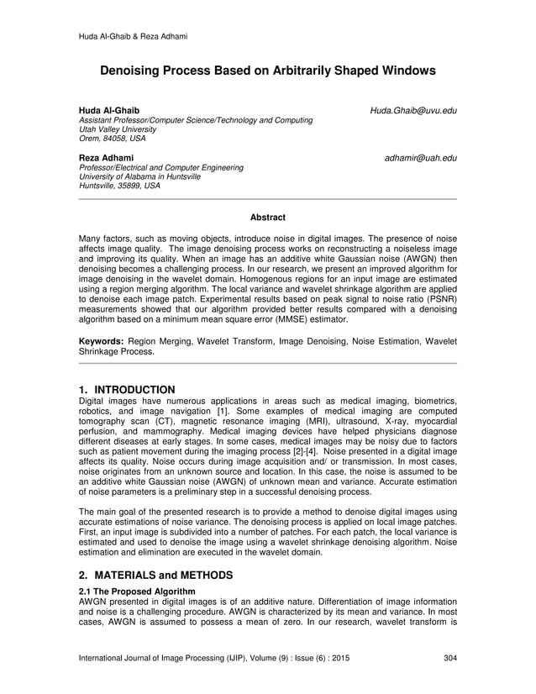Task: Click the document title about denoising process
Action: [x=268, y=72]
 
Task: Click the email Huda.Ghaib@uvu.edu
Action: [x=415, y=111]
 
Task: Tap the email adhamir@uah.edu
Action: [x=421, y=158]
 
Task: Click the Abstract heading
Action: [x=267, y=218]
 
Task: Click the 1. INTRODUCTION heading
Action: [x=126, y=390]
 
